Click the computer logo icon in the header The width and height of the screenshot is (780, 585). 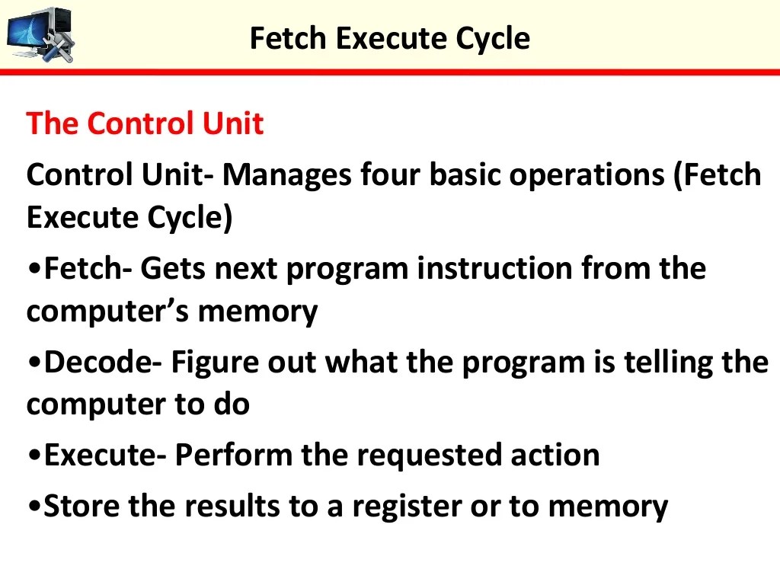pos(40,34)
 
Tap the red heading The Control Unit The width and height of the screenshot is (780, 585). pos(145,123)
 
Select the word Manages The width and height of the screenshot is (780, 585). pos(286,175)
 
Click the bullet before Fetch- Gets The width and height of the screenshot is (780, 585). pos(34,270)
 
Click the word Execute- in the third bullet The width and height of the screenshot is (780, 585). pos(104,456)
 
